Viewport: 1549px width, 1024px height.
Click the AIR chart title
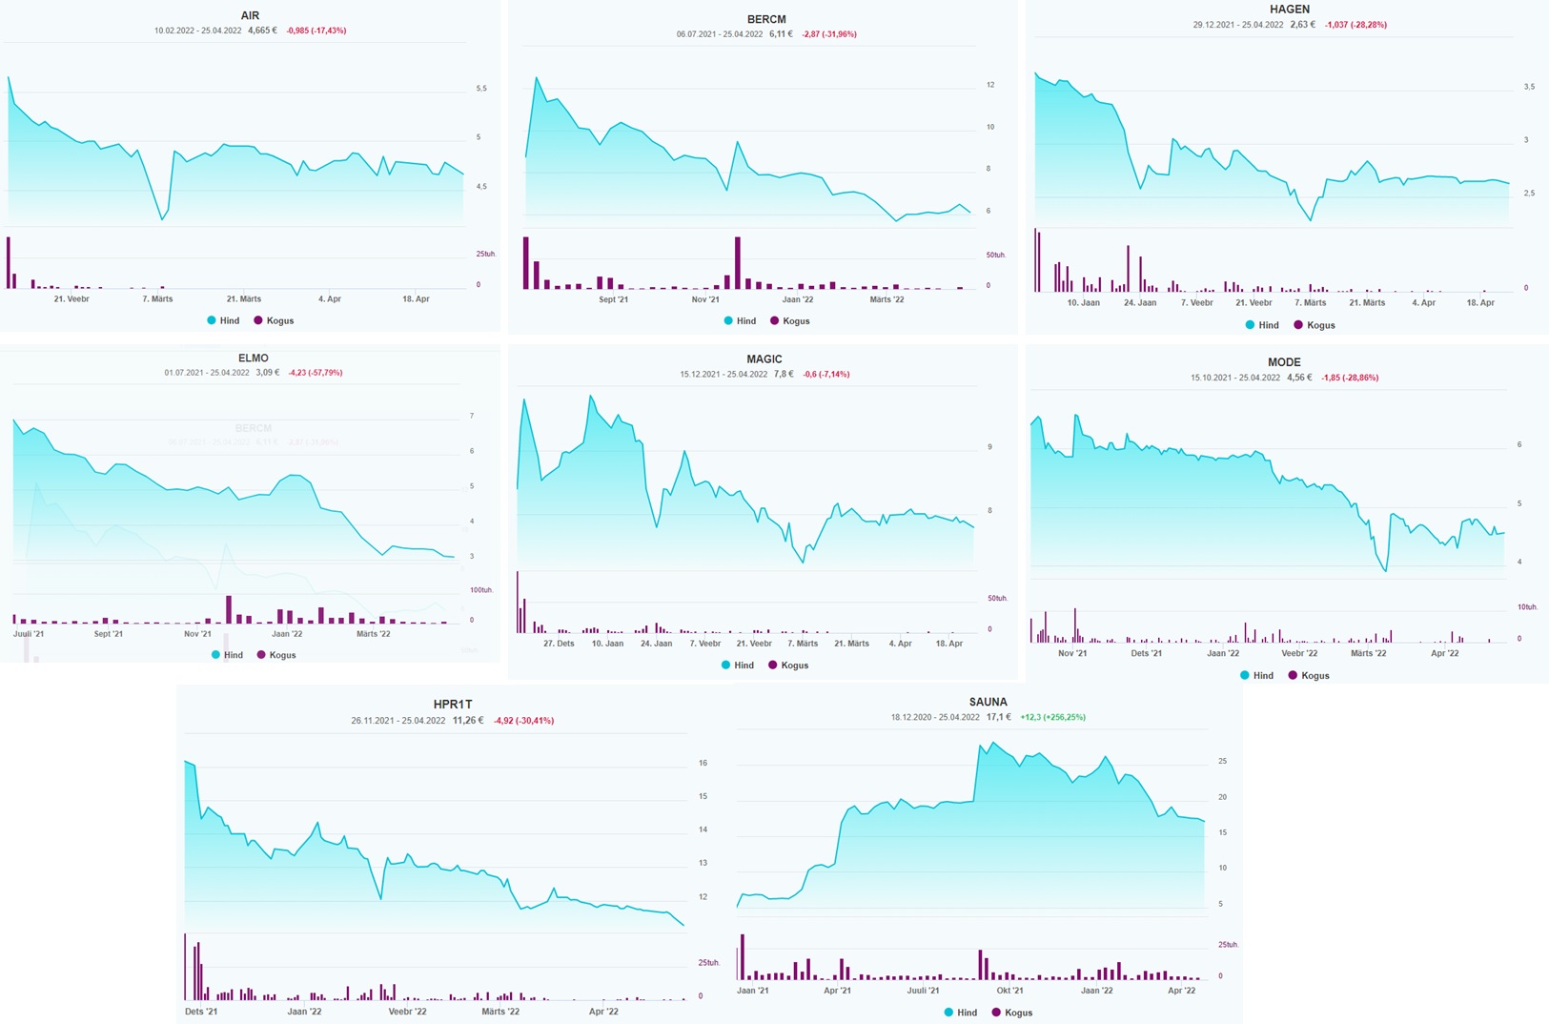click(x=250, y=15)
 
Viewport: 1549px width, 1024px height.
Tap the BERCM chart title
click(x=766, y=19)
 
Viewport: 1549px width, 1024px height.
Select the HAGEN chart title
click(x=1289, y=10)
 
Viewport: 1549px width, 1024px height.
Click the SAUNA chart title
click(x=988, y=702)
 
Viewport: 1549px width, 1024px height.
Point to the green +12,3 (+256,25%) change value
click(x=1052, y=717)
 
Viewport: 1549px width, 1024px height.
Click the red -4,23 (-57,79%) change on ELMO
click(x=315, y=373)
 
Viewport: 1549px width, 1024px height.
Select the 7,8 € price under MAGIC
click(x=784, y=374)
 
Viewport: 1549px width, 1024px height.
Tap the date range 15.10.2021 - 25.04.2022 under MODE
click(x=1234, y=378)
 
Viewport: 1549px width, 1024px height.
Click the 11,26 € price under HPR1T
click(x=467, y=721)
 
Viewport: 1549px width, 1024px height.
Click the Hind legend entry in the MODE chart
click(x=1262, y=675)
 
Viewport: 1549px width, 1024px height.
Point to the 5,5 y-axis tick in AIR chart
click(x=481, y=89)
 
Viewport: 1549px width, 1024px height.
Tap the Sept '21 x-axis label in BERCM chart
click(x=613, y=299)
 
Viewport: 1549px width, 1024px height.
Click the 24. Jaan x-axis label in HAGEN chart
click(x=1140, y=302)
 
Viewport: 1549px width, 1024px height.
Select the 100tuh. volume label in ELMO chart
click(x=480, y=590)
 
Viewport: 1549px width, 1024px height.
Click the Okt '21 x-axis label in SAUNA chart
click(x=1009, y=991)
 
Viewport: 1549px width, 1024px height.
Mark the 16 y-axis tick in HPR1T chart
click(x=703, y=763)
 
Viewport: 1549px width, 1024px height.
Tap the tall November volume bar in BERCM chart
click(x=738, y=262)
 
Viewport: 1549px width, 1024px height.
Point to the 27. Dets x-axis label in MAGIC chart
click(x=559, y=644)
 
